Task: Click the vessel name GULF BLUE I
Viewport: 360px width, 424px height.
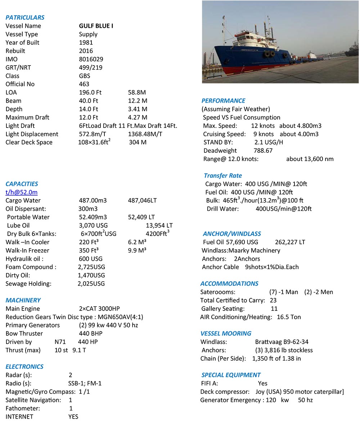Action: coord(96,26)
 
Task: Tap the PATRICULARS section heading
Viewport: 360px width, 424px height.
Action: coord(25,17)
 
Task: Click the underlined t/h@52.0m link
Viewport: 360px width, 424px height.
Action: coord(21,192)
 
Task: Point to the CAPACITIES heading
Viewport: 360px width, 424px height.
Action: coord(22,184)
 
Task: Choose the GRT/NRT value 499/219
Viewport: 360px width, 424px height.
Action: coord(91,67)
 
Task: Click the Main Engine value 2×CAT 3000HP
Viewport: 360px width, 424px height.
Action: coord(99,309)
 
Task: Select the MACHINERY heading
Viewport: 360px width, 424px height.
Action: coord(23,300)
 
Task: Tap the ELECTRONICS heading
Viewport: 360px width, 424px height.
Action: coord(24,367)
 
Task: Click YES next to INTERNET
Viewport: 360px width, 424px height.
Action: coord(73,417)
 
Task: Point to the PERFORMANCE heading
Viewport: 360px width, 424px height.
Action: coord(223,101)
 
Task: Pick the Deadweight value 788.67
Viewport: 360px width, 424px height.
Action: coord(263,151)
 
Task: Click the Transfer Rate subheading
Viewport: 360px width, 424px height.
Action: coord(223,175)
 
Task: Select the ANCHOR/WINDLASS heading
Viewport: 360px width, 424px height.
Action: coord(232,234)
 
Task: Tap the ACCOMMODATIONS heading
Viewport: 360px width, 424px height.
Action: coord(229,284)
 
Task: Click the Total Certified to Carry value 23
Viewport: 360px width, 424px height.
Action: coord(273,300)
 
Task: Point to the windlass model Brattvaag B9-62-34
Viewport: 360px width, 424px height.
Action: coord(282,342)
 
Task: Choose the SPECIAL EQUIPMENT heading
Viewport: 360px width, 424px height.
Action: coord(231,375)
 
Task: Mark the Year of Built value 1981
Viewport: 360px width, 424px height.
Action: coord(86,43)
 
